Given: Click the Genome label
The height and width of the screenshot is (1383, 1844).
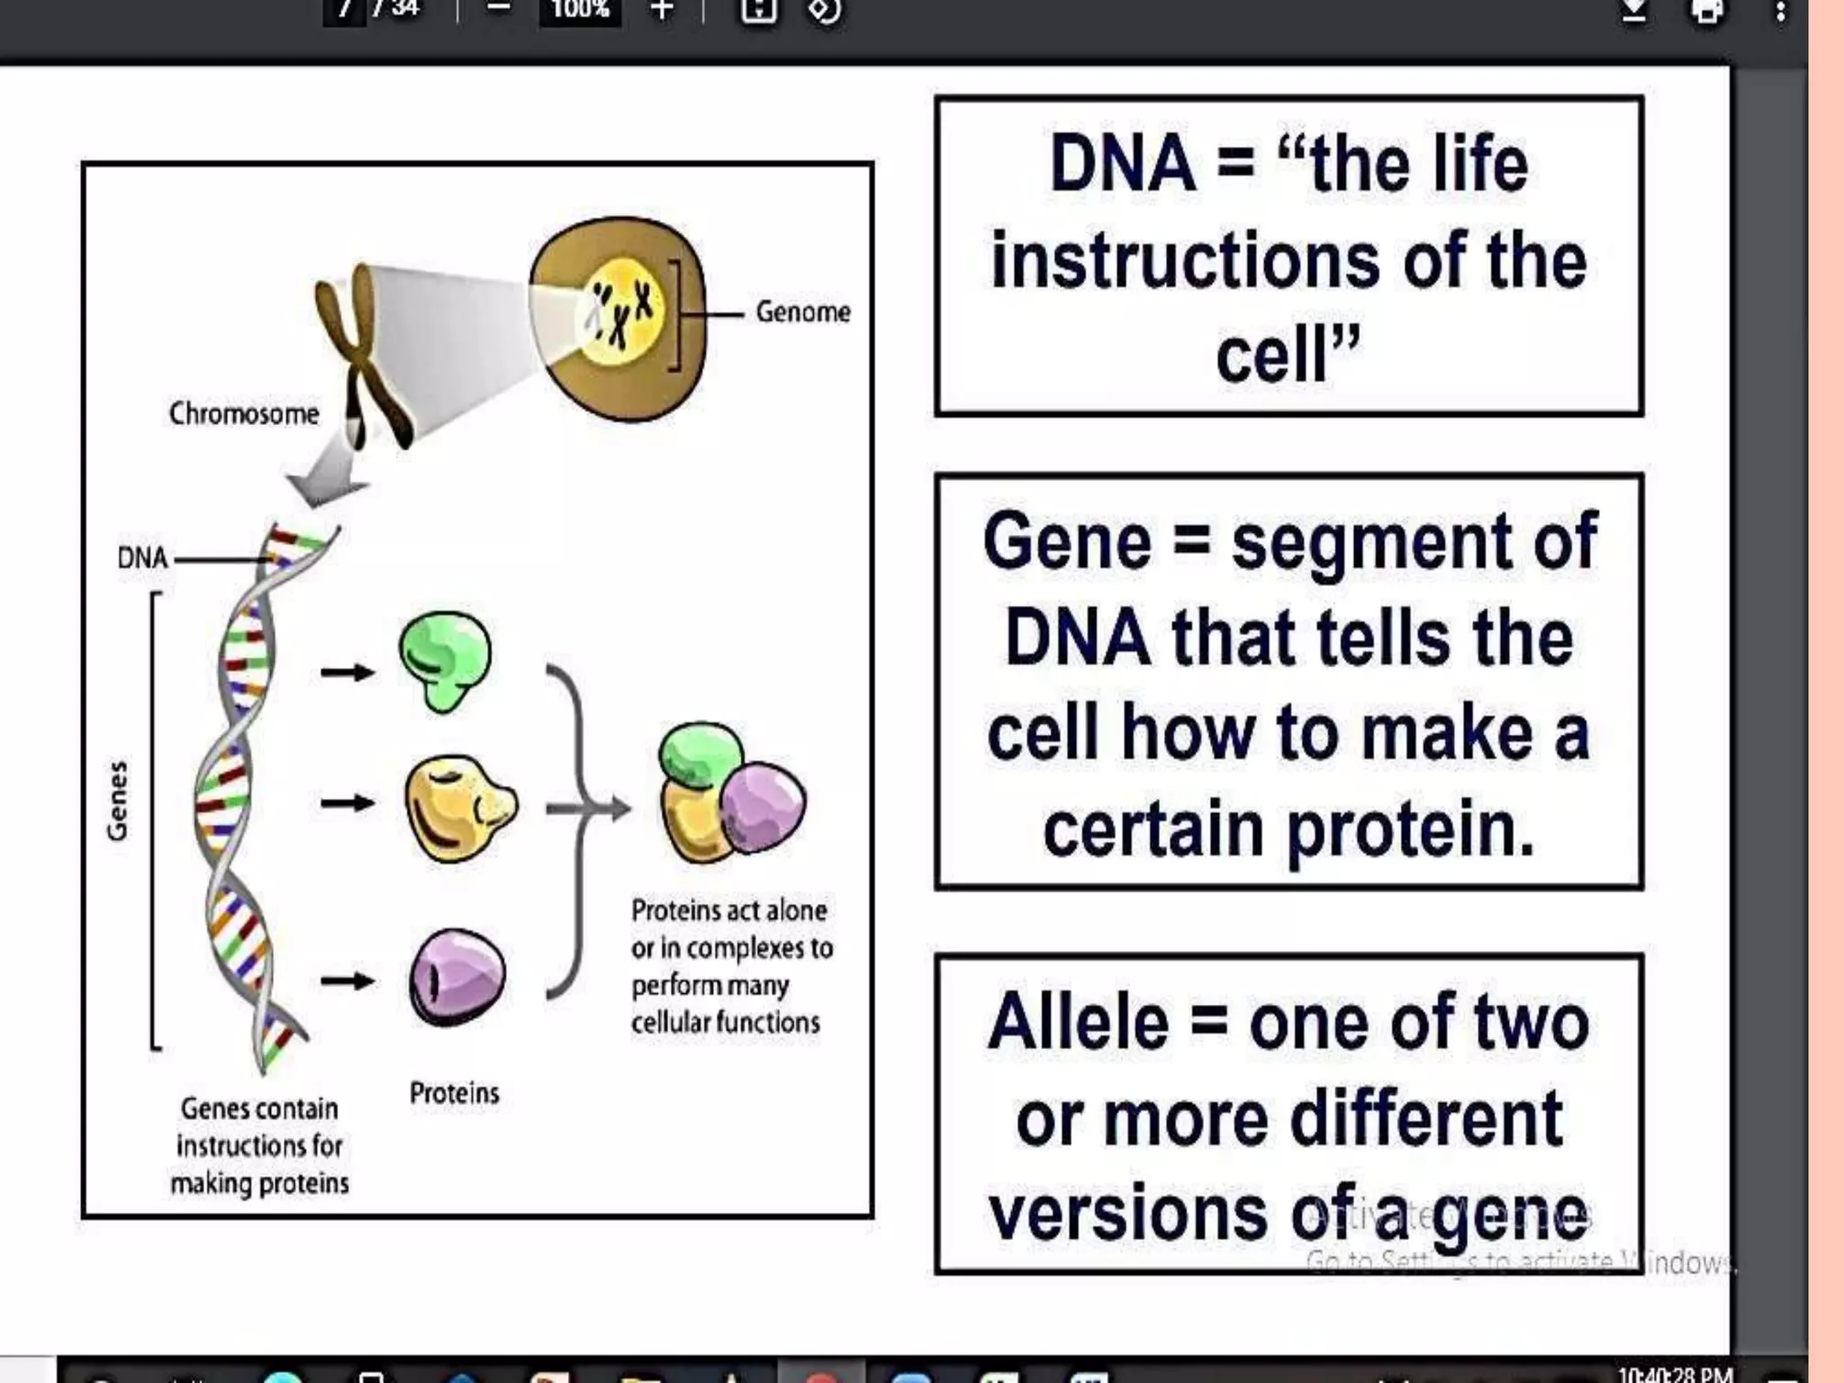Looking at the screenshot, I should tap(802, 312).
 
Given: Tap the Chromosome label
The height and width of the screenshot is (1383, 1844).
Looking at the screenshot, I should tap(244, 414).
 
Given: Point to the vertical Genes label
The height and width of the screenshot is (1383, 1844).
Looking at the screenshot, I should tap(118, 800).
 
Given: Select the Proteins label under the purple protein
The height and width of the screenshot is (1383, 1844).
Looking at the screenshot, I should tap(454, 1093).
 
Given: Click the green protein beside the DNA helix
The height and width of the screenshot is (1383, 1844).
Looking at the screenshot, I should tap(445, 660).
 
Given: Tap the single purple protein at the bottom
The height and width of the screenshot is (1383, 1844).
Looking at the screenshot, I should tap(457, 977).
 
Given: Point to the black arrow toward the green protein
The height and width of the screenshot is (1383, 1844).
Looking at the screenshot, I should tap(348, 672).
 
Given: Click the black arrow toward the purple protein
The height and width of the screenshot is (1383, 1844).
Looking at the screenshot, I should tap(348, 980).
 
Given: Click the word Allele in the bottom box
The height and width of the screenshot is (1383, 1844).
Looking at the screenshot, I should tap(1078, 1023).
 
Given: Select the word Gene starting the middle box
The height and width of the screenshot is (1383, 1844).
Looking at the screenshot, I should tap(1067, 542).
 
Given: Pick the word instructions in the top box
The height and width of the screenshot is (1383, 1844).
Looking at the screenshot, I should tap(1185, 261).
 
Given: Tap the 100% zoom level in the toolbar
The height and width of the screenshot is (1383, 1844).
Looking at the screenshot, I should tap(580, 11).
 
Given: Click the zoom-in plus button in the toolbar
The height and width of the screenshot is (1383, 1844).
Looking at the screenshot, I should tap(662, 11).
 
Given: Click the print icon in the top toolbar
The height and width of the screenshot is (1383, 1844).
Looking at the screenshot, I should tap(1706, 11).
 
